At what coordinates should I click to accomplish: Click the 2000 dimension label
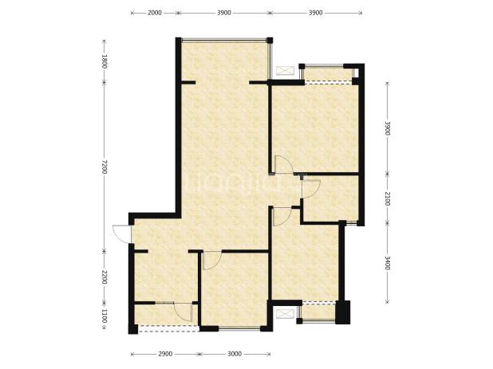[x=155, y=13]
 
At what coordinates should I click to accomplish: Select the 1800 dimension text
[x=105, y=61]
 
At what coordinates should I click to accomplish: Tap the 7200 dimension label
[x=105, y=167]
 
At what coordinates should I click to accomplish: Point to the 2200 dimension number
[x=105, y=277]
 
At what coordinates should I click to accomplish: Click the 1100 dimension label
[x=105, y=316]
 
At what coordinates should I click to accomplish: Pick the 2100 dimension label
[x=387, y=198]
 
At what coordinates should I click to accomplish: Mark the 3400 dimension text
[x=387, y=263]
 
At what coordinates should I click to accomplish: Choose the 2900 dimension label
[x=165, y=354]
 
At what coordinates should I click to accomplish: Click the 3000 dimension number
[x=235, y=354]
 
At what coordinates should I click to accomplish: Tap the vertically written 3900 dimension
[x=387, y=128]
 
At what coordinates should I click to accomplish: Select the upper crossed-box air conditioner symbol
[x=285, y=70]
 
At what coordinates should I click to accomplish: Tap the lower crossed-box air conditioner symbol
[x=285, y=314]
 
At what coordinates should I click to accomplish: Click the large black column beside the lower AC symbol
[x=343, y=312]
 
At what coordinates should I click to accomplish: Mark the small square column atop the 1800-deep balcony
[x=270, y=40]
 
